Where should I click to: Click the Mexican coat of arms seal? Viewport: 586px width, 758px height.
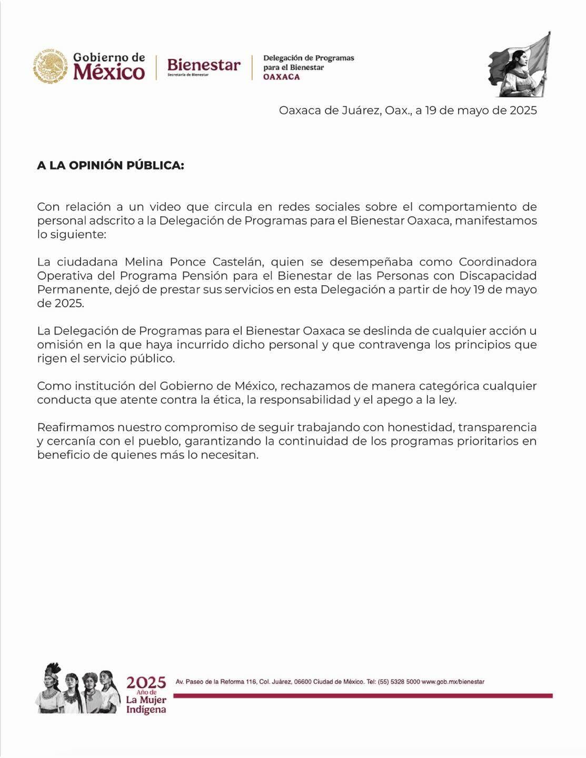point(51,66)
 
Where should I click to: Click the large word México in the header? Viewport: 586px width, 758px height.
point(109,72)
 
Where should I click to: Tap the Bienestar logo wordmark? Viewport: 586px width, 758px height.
point(203,65)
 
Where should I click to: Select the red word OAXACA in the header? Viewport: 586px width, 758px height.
point(281,77)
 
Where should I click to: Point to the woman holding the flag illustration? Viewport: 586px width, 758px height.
point(520,65)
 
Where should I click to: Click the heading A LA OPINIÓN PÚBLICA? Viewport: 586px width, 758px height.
point(111,165)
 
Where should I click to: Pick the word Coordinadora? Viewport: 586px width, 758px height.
point(498,262)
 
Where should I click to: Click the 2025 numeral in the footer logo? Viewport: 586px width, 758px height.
point(146,683)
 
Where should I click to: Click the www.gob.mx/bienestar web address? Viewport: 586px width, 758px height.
point(453,682)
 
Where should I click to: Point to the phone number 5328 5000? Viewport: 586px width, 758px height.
point(402,682)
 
